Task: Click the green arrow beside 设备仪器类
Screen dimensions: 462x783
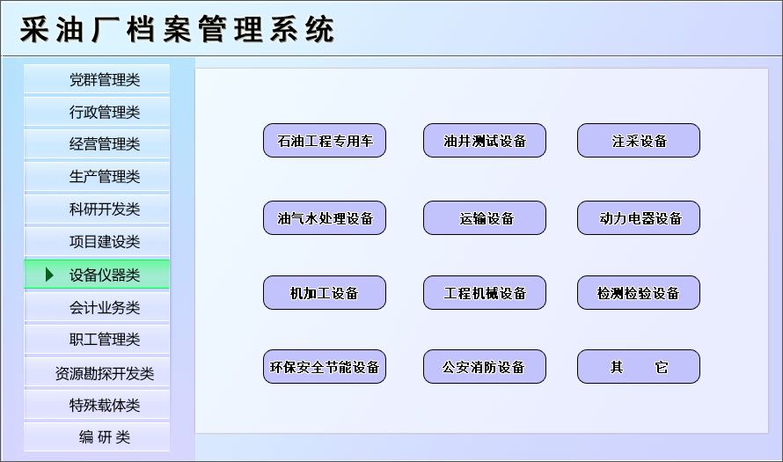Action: tap(50, 275)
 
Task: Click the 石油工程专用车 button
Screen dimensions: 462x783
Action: tap(325, 141)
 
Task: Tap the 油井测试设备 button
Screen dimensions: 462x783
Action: tap(485, 141)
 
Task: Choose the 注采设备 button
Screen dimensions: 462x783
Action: tap(639, 141)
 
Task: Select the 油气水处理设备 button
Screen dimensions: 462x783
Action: tap(325, 218)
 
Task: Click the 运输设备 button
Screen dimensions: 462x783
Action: tap(485, 218)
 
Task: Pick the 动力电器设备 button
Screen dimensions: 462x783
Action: tap(639, 218)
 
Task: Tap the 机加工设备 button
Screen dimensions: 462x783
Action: tap(325, 293)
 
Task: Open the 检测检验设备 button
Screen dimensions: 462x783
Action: tap(639, 293)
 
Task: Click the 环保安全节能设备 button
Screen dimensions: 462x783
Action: tap(325, 367)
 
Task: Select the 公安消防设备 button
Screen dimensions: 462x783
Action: tap(485, 367)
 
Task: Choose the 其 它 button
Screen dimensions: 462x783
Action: tap(639, 367)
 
